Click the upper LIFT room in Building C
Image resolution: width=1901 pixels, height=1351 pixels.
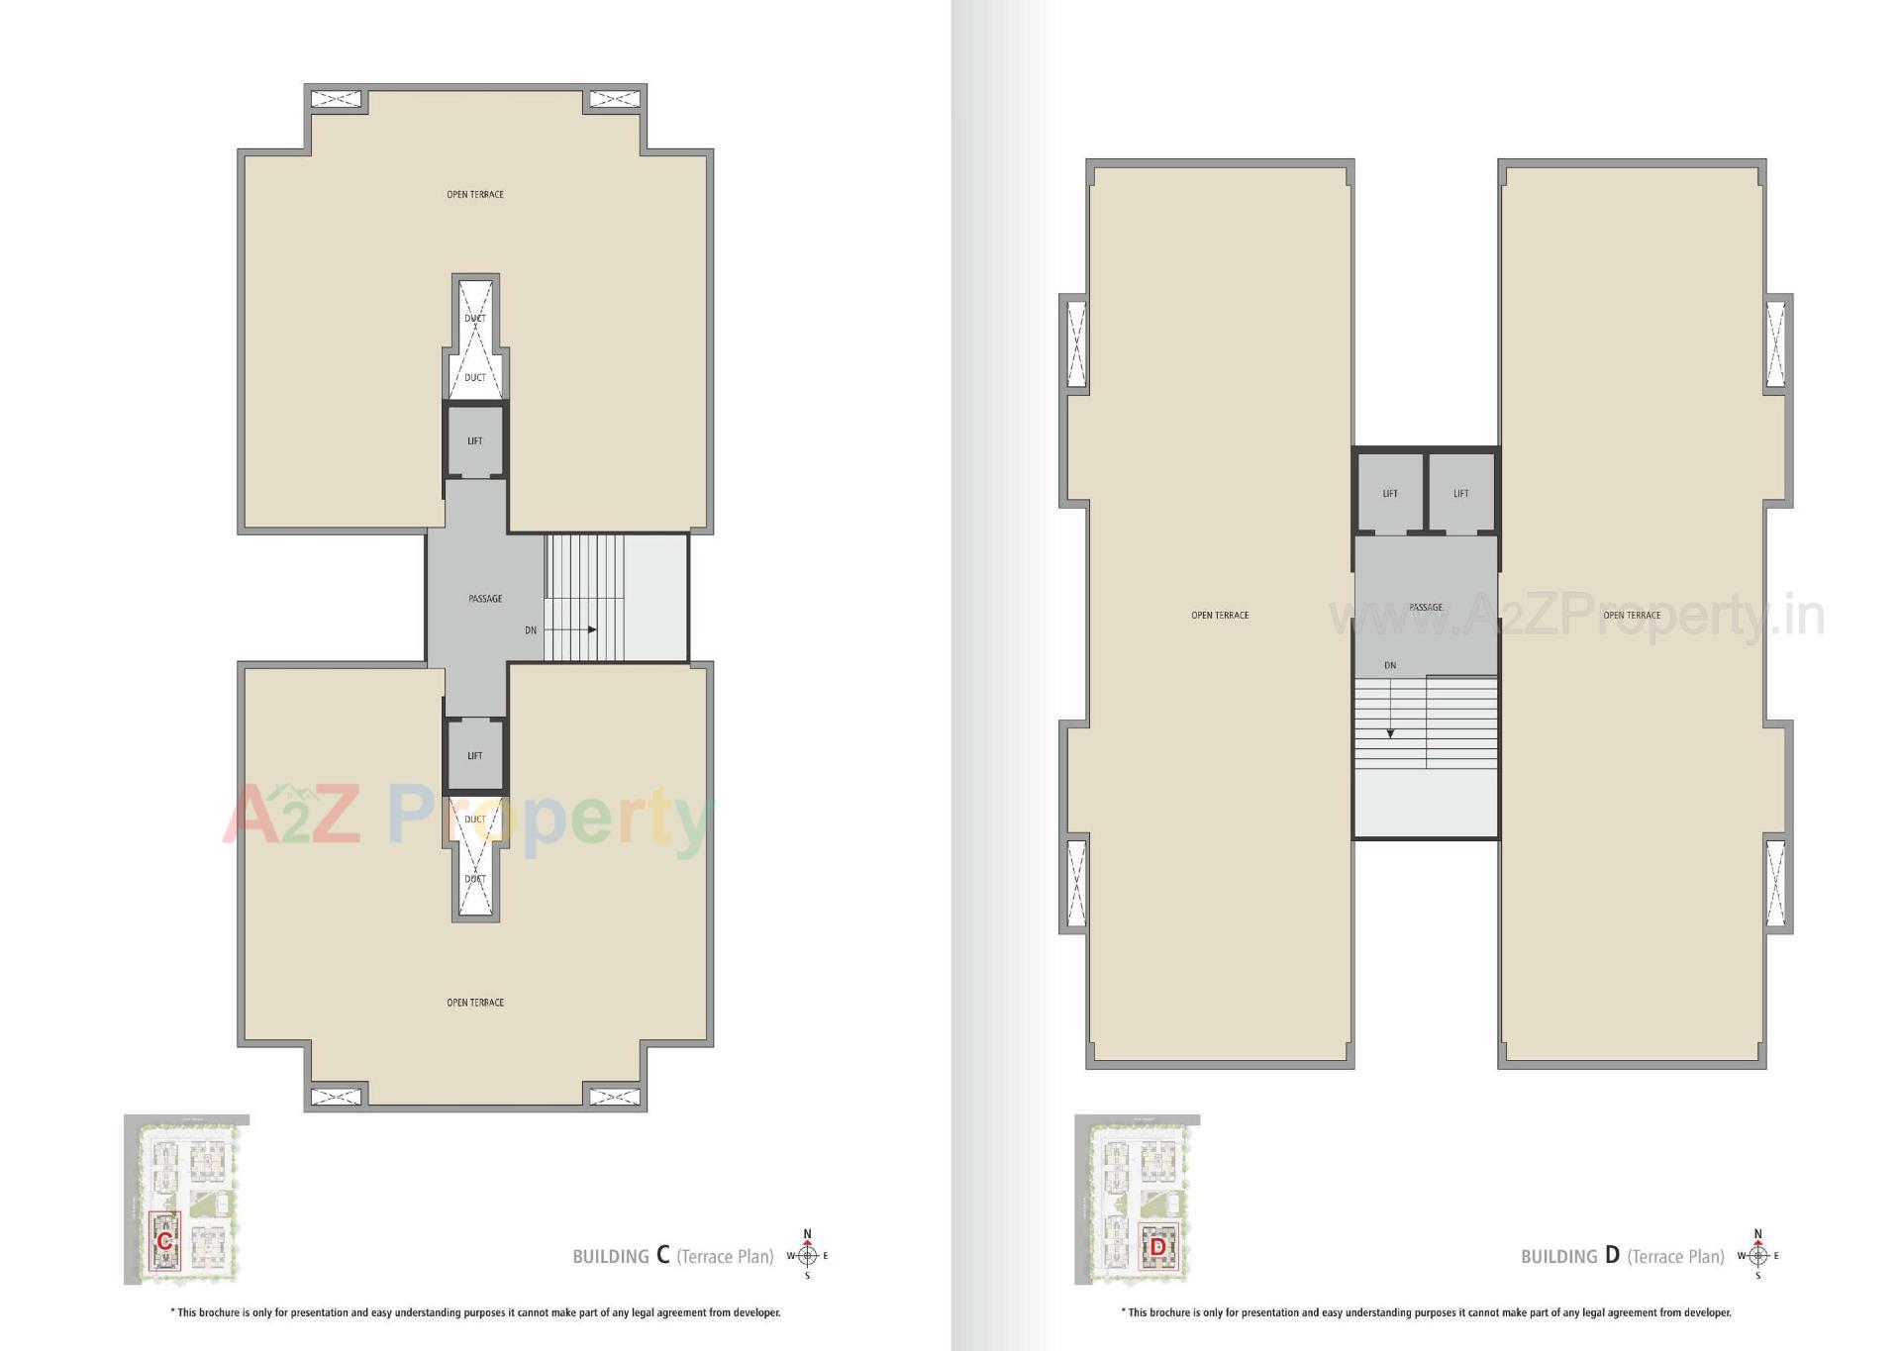(475, 440)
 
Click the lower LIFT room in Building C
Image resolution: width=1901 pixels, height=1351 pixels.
(475, 755)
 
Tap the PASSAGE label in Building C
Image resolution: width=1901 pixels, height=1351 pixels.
(485, 599)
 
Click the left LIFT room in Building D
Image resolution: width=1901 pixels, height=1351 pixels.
(1390, 493)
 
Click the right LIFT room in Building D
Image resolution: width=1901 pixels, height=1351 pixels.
(1461, 493)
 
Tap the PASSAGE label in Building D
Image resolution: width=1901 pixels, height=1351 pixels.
(1426, 607)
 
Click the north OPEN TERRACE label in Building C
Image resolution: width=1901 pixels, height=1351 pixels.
(475, 194)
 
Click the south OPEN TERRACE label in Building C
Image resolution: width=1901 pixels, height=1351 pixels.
(475, 1003)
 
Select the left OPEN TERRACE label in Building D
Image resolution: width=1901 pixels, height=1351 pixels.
(1220, 615)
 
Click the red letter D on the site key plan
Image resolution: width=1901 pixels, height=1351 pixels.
(1157, 1248)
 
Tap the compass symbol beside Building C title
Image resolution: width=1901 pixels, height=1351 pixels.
(807, 1256)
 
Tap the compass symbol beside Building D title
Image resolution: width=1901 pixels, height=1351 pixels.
(1758, 1256)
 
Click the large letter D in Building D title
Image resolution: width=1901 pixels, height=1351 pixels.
(1613, 1255)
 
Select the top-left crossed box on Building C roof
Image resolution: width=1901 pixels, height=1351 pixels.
(336, 99)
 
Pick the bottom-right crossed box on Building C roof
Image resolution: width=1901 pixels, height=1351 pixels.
(614, 1097)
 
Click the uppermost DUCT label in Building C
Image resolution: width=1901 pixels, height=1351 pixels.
(475, 318)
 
